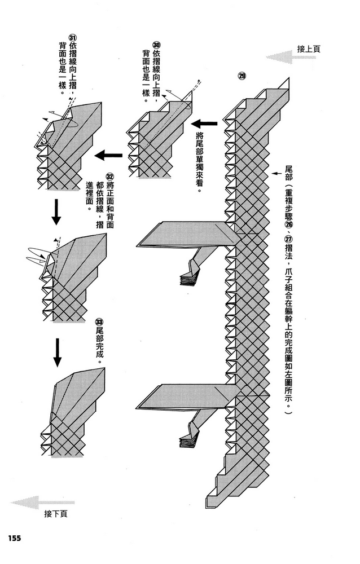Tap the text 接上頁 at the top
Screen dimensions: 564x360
309,49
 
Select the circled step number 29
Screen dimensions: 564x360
242,77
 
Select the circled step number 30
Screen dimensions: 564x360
156,45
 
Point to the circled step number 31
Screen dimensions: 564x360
72,37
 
